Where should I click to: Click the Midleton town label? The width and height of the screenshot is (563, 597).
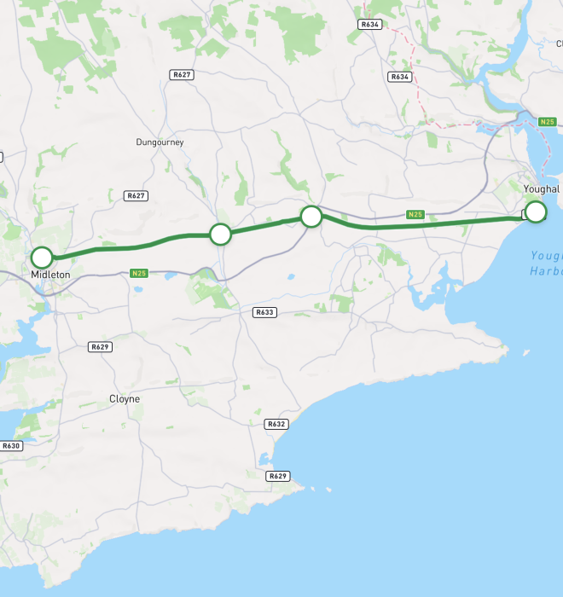(x=50, y=275)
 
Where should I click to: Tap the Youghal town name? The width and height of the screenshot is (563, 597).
(x=541, y=188)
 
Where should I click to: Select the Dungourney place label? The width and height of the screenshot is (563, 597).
(x=160, y=142)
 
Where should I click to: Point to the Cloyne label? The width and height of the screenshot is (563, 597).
(x=125, y=398)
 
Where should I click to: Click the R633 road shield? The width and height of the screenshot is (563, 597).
(x=265, y=312)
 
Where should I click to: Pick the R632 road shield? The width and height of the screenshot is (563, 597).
(x=276, y=424)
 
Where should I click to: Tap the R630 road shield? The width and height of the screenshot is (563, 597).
(x=10, y=445)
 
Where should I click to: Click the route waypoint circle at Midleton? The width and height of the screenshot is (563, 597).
(x=41, y=257)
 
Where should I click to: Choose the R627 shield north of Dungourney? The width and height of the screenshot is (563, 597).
(x=182, y=75)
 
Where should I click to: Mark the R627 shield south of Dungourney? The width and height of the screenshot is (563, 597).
(x=136, y=195)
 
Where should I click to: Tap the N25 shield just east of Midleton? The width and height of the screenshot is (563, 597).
(x=140, y=273)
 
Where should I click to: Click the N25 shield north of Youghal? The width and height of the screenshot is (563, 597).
(x=548, y=123)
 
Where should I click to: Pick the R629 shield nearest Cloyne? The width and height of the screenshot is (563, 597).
(x=101, y=346)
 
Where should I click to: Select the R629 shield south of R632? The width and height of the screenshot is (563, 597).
(x=277, y=475)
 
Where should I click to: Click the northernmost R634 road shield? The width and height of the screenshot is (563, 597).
(x=369, y=25)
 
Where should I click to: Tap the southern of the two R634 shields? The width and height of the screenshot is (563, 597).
(x=399, y=77)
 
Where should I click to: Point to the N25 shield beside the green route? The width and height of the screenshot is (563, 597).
(x=415, y=214)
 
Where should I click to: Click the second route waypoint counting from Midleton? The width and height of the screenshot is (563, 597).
(x=220, y=234)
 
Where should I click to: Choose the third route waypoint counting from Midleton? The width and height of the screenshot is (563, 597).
(x=311, y=216)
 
